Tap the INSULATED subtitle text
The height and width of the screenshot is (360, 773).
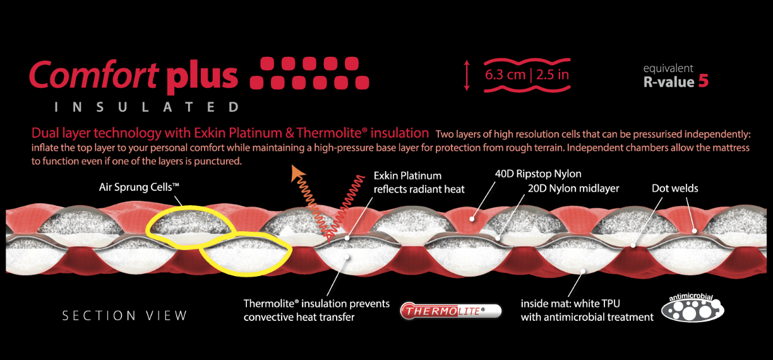point(147,107)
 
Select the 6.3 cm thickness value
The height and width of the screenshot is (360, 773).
point(505,75)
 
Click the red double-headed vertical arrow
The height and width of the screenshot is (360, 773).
point(467,75)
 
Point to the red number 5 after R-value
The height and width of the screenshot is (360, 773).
point(703,81)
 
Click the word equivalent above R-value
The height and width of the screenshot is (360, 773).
point(668,68)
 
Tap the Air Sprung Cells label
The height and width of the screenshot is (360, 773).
point(140,187)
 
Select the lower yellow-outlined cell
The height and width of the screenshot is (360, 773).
point(246,253)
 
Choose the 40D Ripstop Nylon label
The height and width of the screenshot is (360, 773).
point(538,174)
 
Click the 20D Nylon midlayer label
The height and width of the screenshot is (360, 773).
point(573,188)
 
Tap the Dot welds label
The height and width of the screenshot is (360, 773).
point(674,188)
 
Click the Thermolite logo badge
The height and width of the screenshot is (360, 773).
point(451,310)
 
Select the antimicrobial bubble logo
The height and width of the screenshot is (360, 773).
point(692,308)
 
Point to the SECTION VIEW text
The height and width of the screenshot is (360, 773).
point(124,315)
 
